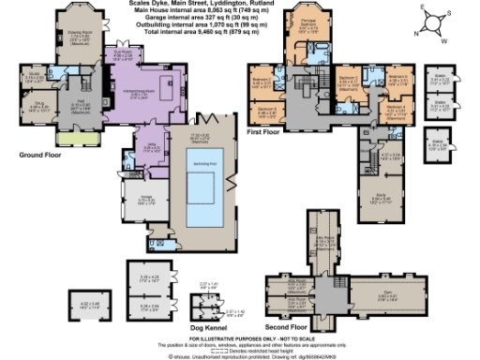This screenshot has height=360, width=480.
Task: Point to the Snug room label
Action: point(38,106)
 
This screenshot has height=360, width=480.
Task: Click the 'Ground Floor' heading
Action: point(38,152)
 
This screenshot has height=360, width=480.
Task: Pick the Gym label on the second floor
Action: point(374,292)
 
